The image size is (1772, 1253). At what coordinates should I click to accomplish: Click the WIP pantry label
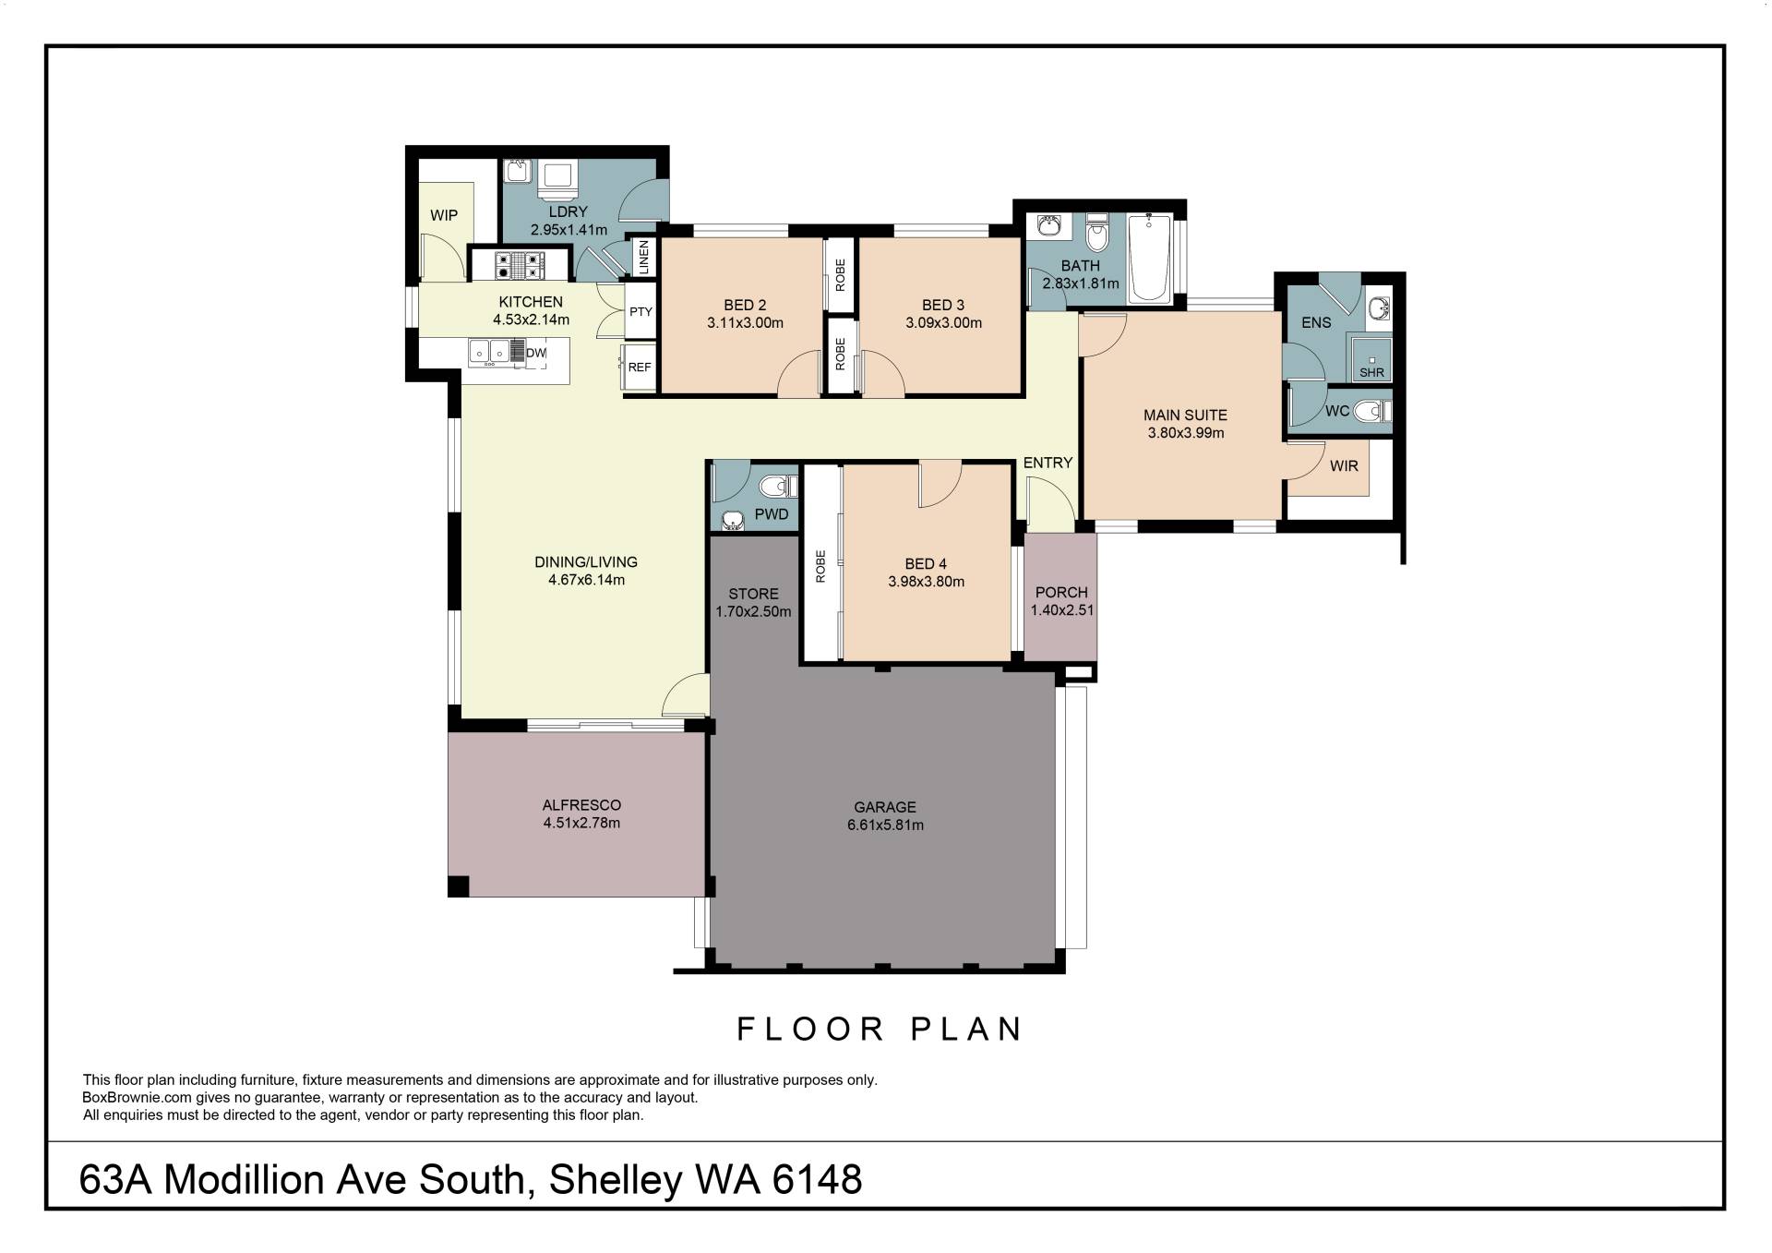pyautogui.click(x=444, y=215)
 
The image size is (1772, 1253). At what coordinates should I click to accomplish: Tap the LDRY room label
pyautogui.click(x=568, y=211)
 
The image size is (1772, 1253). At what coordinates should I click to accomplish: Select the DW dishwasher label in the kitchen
pyautogui.click(x=536, y=353)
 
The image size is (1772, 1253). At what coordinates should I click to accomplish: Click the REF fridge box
pyautogui.click(x=639, y=367)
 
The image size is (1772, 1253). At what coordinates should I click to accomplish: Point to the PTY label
pyautogui.click(x=641, y=312)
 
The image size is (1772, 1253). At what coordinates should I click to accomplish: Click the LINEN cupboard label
pyautogui.click(x=644, y=257)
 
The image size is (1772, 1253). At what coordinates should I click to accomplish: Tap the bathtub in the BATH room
pyautogui.click(x=1149, y=258)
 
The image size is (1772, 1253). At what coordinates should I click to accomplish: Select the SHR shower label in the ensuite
pyautogui.click(x=1371, y=373)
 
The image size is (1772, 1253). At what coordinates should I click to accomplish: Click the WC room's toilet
pyautogui.click(x=1374, y=411)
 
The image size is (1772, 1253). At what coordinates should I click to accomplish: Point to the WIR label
pyautogui.click(x=1344, y=466)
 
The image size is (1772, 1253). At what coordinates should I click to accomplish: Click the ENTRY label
pyautogui.click(x=1048, y=463)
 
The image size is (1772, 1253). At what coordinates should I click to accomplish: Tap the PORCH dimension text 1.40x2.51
pyautogui.click(x=1061, y=609)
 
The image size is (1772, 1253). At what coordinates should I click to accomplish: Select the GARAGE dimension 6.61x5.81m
pyautogui.click(x=885, y=825)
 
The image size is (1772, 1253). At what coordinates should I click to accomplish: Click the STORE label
pyautogui.click(x=753, y=594)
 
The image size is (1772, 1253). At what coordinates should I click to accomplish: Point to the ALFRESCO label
pyautogui.click(x=581, y=805)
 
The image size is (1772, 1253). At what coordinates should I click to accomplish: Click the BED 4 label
pyautogui.click(x=926, y=564)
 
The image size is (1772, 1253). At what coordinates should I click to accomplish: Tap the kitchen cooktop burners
pyautogui.click(x=520, y=266)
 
